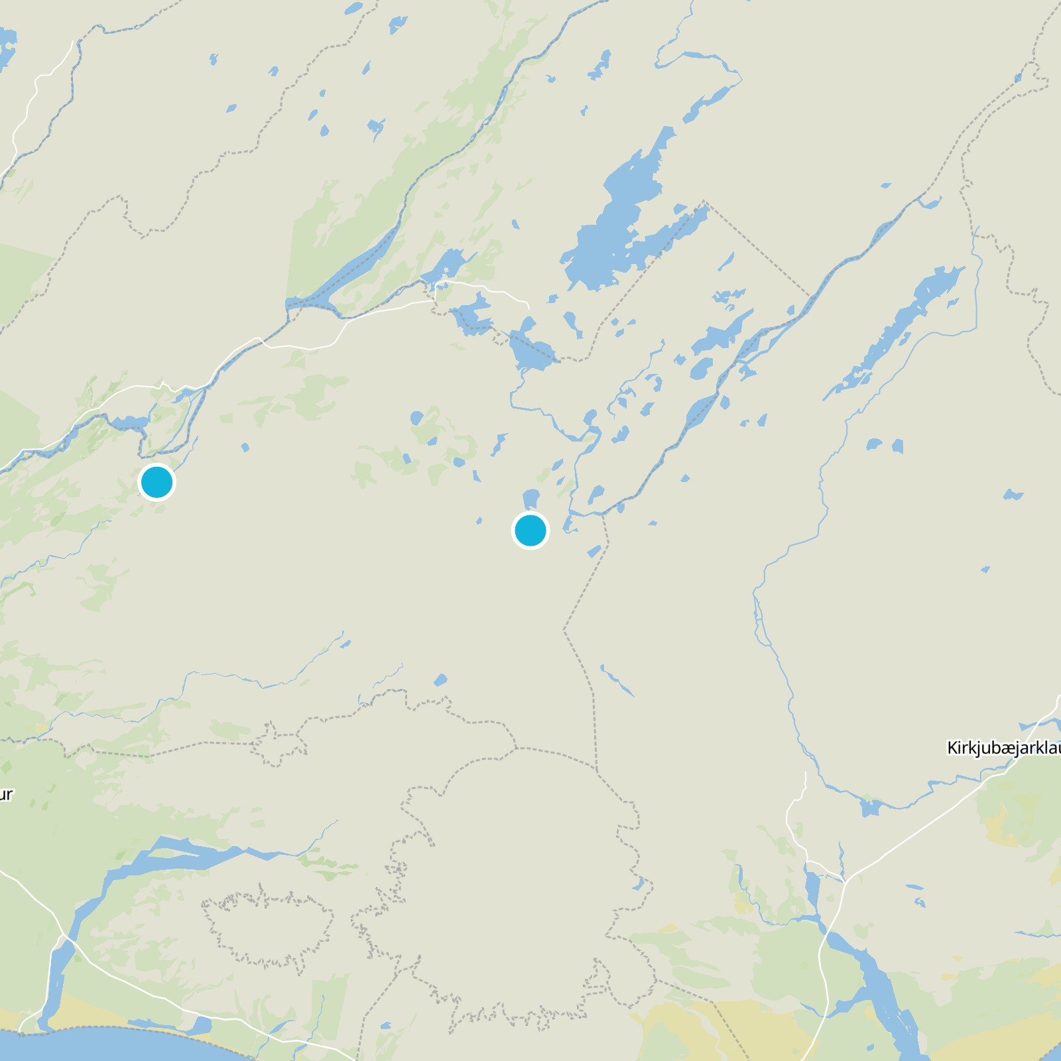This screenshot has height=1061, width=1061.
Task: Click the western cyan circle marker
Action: pyautogui.click(x=157, y=482)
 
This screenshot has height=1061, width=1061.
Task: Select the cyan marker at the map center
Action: pyautogui.click(x=530, y=530)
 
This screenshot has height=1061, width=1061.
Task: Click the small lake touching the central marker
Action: pyautogui.click(x=531, y=499)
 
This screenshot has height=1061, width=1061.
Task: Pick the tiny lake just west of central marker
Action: pyautogui.click(x=479, y=521)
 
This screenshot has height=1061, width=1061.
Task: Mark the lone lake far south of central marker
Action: pyautogui.click(x=440, y=680)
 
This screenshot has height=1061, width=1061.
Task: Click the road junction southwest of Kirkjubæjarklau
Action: pyautogui.click(x=844, y=881)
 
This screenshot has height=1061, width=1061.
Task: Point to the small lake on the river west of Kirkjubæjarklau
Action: pyautogui.click(x=869, y=808)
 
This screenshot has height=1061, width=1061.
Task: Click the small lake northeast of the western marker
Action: pyautogui.click(x=245, y=448)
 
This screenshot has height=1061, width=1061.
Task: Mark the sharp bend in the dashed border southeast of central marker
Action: pyautogui.click(x=564, y=629)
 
